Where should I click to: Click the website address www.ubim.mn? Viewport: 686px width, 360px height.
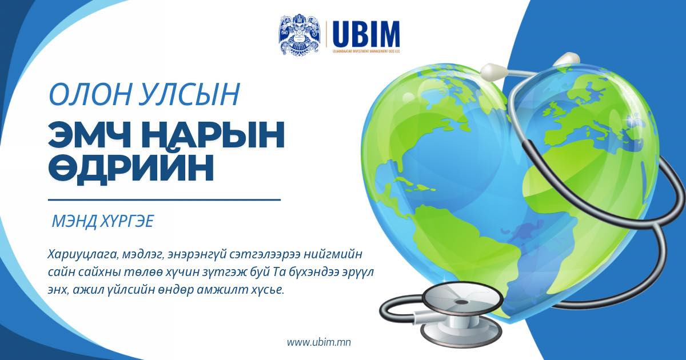318,342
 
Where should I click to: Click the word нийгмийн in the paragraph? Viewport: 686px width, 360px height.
342,253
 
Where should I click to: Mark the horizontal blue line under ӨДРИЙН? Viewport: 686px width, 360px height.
164,200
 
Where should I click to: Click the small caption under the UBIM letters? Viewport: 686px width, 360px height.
366,51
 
